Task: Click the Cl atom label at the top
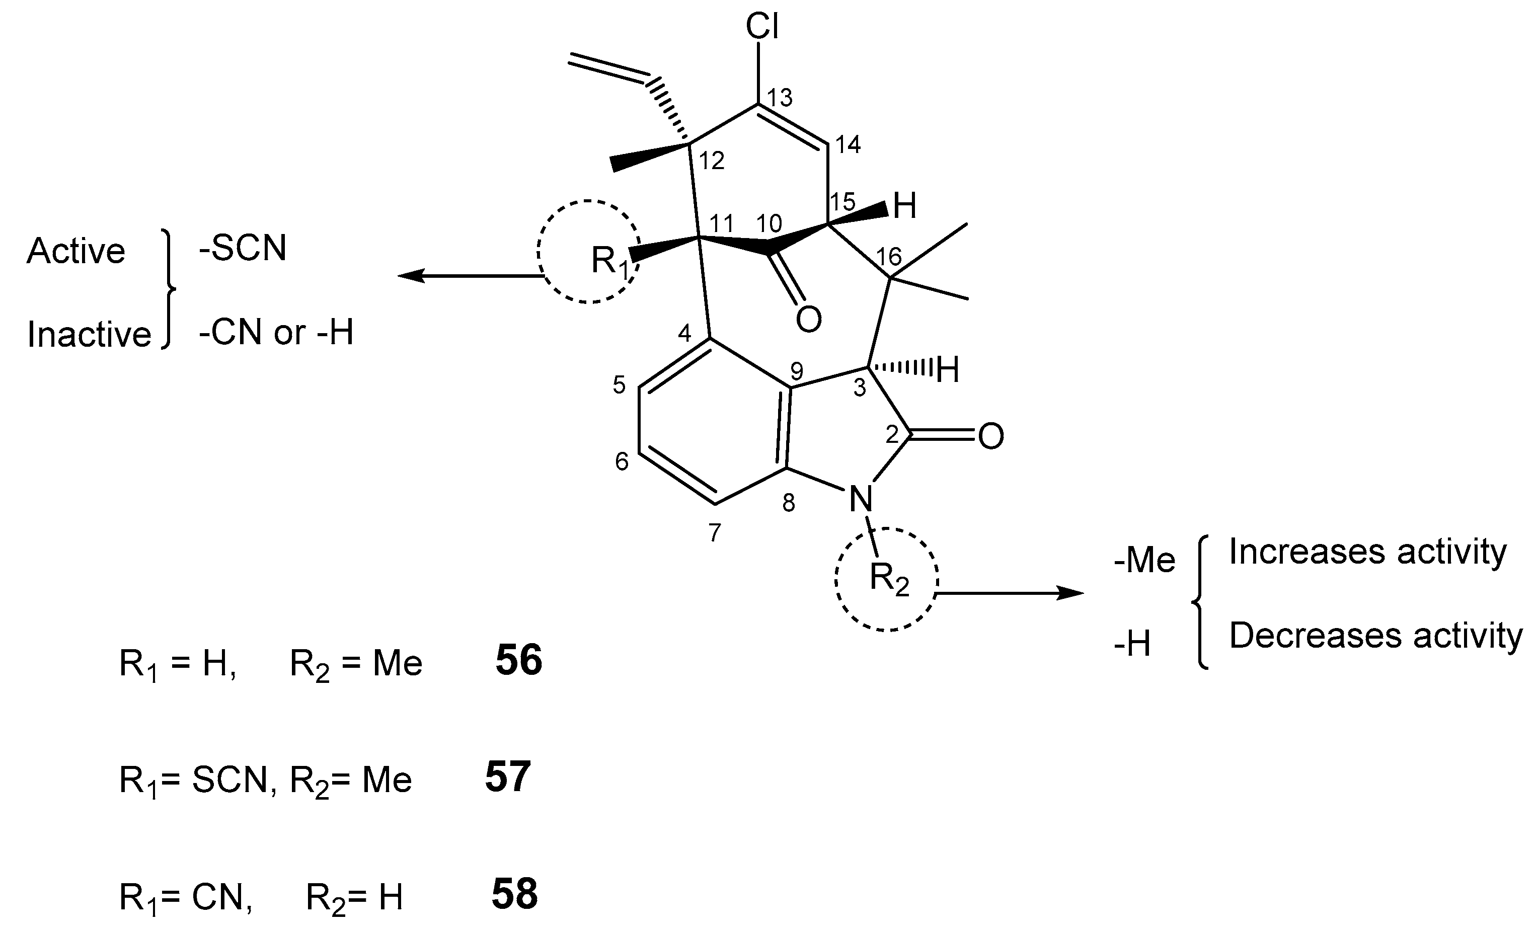click(x=762, y=28)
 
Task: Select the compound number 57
click(x=508, y=777)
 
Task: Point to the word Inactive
click(x=89, y=335)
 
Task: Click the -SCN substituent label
click(x=243, y=249)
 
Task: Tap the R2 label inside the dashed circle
click(x=888, y=578)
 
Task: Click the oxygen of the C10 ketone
click(x=809, y=320)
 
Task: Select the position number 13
click(x=780, y=98)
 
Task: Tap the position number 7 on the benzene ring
click(x=715, y=532)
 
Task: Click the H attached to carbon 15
click(x=905, y=206)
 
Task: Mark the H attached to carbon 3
click(x=947, y=370)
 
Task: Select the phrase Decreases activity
click(x=1375, y=637)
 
